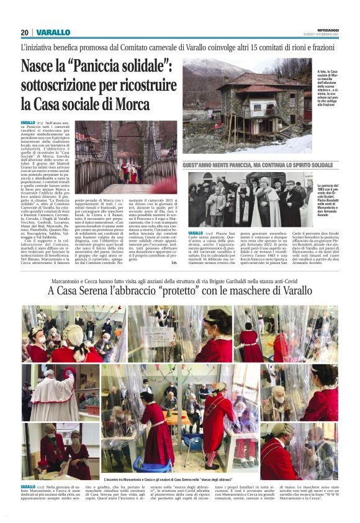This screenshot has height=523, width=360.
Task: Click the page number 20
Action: pos(25,32)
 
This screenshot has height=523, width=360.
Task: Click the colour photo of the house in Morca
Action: pos(246,108)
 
